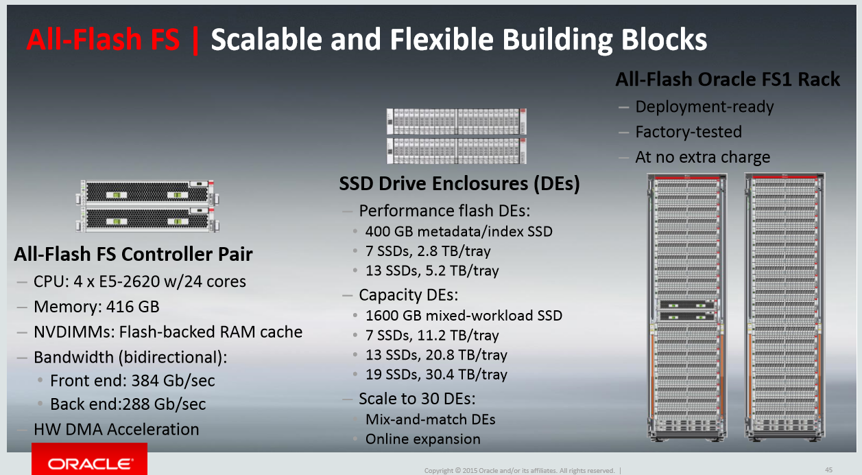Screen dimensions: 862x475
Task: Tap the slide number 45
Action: click(828, 470)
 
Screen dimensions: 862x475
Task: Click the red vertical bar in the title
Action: click(195, 40)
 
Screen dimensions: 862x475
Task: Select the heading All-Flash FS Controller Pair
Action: click(133, 254)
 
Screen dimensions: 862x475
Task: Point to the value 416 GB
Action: click(132, 307)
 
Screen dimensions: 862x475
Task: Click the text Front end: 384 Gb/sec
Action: click(132, 380)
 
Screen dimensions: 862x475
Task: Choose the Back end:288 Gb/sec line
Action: click(128, 404)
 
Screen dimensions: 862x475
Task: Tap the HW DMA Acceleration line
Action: click(116, 430)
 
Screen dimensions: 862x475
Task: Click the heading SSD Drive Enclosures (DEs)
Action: click(459, 183)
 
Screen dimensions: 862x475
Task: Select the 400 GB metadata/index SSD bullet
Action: click(459, 231)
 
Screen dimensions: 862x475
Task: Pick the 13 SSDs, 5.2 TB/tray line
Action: click(432, 271)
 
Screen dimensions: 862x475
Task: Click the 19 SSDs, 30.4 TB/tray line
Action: click(436, 375)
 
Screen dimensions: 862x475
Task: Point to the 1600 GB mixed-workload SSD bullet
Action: click(464, 316)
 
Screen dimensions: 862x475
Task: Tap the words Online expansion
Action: click(423, 439)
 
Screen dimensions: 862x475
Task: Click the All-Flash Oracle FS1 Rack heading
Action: click(728, 80)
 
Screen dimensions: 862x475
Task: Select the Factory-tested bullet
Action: click(689, 132)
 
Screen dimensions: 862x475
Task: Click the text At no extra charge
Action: click(703, 157)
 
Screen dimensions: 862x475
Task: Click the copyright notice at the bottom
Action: click(520, 470)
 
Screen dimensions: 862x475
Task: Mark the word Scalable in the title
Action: click(266, 40)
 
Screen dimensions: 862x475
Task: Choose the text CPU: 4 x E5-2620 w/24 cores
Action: click(140, 281)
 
